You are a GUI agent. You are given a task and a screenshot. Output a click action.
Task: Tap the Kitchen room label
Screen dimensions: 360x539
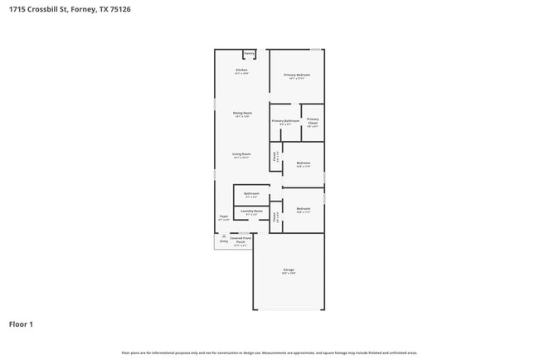[x=242, y=71]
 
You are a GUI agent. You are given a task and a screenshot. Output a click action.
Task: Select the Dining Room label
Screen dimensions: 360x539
[x=242, y=113]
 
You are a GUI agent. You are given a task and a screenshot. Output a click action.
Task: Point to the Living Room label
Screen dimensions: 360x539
[x=242, y=154]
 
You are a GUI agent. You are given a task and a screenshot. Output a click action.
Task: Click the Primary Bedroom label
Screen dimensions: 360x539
[x=297, y=75]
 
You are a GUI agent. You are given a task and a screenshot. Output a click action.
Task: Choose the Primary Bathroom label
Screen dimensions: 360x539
[x=285, y=121]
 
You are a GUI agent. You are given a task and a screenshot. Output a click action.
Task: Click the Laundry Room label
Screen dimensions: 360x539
[x=252, y=212]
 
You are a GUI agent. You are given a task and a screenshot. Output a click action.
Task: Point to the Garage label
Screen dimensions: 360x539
[x=289, y=270]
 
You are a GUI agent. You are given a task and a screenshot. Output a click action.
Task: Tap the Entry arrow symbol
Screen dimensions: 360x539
[x=223, y=236]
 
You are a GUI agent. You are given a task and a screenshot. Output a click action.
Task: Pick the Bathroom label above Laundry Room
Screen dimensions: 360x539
[x=251, y=194]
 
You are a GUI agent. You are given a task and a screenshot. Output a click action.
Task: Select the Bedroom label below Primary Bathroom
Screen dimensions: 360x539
[x=303, y=163]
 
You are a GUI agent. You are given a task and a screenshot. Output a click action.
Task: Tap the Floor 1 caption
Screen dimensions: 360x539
[x=21, y=324]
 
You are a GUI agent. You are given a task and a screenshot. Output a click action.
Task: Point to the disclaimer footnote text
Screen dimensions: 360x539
[x=269, y=353]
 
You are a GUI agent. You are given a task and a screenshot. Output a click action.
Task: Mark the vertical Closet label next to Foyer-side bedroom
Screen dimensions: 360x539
[x=275, y=217]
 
